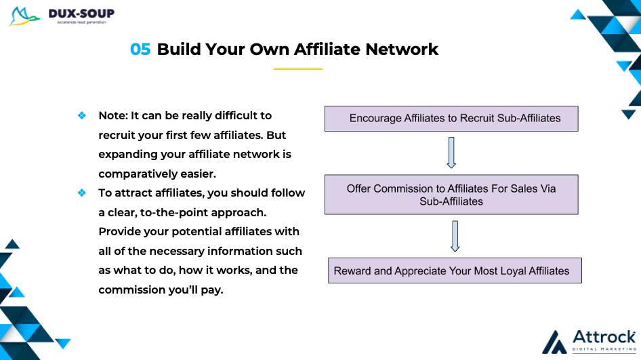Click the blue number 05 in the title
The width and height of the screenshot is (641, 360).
(140, 49)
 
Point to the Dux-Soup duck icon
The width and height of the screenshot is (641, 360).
(24, 16)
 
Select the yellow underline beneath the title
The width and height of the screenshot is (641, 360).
(298, 69)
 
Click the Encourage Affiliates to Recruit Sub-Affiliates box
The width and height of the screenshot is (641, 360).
(451, 119)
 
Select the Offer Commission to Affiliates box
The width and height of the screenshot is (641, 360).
(451, 195)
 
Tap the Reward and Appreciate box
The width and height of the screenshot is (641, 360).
(455, 271)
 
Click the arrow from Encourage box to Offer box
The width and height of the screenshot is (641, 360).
(451, 153)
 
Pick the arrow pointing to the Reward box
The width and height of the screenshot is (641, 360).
(455, 236)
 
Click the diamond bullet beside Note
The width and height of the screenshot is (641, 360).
(82, 116)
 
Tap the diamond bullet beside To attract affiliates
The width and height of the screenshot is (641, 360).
(82, 193)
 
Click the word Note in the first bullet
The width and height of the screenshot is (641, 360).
(112, 116)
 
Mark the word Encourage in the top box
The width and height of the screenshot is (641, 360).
(375, 119)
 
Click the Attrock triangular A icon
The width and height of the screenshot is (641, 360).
(555, 342)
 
